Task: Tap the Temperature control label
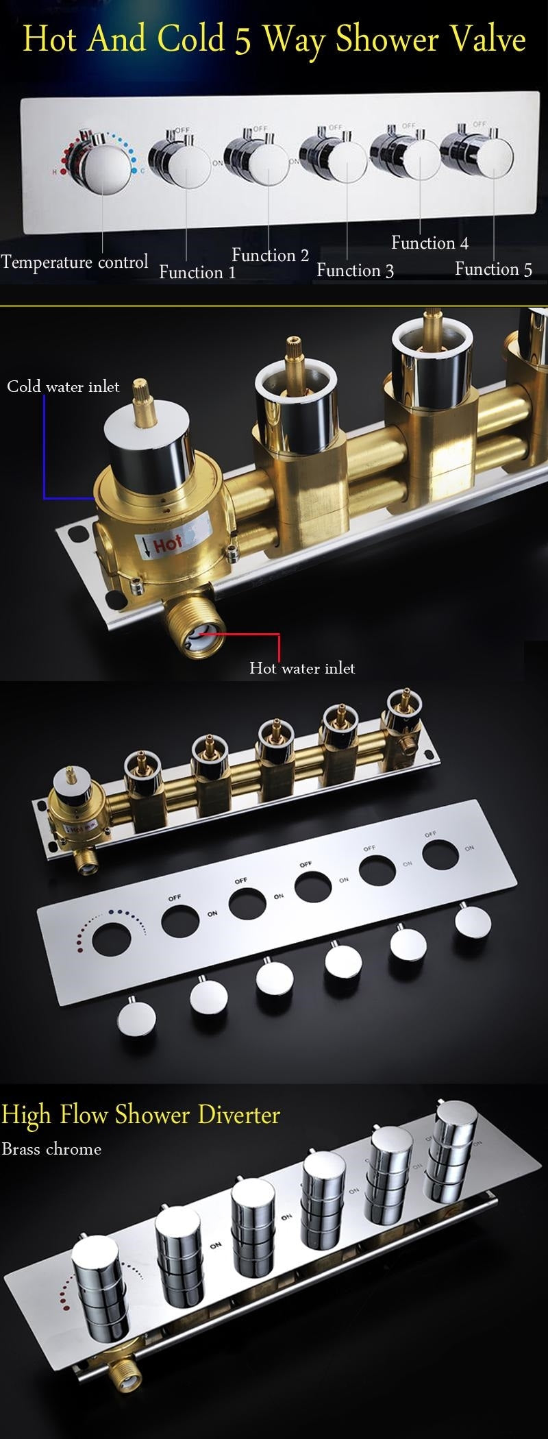74,262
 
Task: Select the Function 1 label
197,272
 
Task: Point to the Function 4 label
429,243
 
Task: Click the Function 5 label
493,269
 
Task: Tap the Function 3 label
355,270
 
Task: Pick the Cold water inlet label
63,386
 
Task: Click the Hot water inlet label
302,667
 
